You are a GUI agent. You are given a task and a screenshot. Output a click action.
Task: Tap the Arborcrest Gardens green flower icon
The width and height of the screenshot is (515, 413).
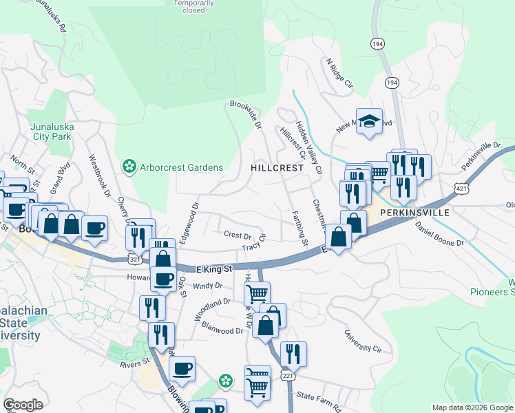coord(128,167)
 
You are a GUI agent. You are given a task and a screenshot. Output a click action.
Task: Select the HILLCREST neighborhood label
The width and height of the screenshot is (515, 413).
coord(277,168)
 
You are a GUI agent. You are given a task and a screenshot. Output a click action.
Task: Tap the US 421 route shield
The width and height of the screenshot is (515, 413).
coord(461,187)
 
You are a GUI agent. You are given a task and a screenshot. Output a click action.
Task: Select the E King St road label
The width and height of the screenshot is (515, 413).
coord(214,268)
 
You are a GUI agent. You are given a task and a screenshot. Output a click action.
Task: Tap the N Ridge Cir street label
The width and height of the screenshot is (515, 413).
coord(339,73)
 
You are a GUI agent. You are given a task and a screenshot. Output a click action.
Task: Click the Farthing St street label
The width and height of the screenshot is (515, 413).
coord(299,228)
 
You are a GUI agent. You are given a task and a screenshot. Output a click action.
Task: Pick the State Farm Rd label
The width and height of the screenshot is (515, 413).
coord(318,402)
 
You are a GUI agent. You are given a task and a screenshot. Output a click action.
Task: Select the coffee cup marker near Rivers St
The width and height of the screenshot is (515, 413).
coord(182,368)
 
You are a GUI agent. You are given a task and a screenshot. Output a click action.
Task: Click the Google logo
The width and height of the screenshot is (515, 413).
coord(23,405)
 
